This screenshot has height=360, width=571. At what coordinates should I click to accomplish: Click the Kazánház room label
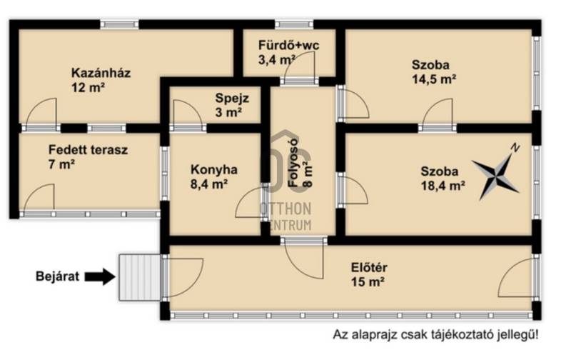(101, 73)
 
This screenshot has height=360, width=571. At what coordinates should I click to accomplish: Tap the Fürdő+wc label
(289, 45)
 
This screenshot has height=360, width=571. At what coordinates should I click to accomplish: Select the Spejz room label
(232, 98)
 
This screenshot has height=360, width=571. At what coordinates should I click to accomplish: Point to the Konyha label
(213, 169)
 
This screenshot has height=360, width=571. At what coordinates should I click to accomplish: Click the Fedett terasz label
(88, 149)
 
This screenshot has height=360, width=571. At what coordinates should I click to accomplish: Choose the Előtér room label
(369, 267)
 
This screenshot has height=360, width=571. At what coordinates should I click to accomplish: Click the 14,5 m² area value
(434, 79)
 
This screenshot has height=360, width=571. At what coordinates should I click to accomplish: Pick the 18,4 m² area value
(443, 186)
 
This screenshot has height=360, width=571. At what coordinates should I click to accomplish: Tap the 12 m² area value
(89, 88)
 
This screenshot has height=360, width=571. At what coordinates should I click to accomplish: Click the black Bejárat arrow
(100, 276)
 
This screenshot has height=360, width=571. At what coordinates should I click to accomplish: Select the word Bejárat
(57, 276)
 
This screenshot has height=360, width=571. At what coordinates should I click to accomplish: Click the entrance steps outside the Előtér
(139, 277)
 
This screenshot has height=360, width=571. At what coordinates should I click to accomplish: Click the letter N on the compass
(515, 148)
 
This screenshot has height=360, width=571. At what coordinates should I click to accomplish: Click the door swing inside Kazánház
(41, 111)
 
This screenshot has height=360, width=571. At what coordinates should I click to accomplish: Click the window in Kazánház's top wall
(119, 24)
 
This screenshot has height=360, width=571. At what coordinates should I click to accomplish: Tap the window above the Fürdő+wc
(294, 24)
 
